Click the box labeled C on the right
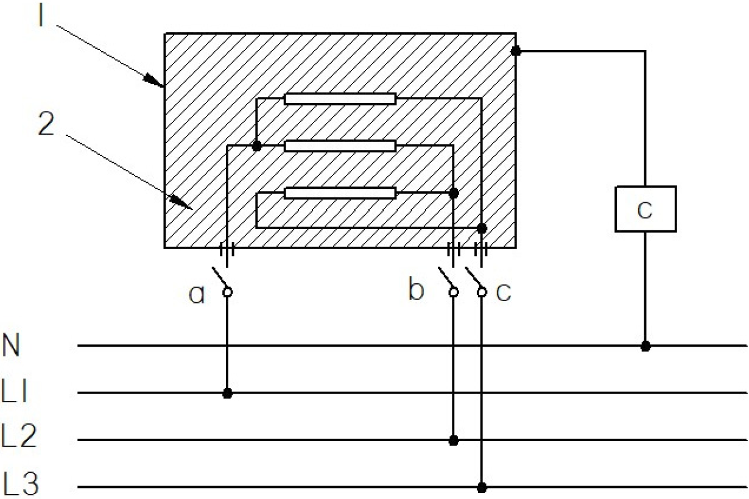click(x=645, y=209)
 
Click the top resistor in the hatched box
click(x=340, y=99)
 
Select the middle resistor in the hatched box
click(x=340, y=146)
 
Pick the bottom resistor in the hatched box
click(x=340, y=193)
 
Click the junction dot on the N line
click(x=645, y=346)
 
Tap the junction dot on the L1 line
click(x=227, y=394)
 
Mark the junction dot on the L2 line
click(x=454, y=441)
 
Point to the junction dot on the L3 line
click(x=482, y=487)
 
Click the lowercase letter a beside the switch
click(x=197, y=295)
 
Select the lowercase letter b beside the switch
click(x=417, y=291)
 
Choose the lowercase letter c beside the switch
click(x=503, y=292)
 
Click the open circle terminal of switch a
click(x=227, y=292)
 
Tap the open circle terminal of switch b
click(x=454, y=292)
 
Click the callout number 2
click(x=46, y=124)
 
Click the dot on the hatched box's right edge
click(x=516, y=51)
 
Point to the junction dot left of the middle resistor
click(x=256, y=146)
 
